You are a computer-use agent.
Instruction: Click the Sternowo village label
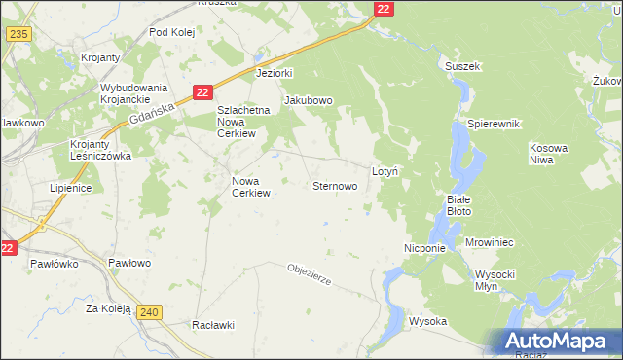coord(340,185)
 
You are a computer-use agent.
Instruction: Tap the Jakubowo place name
coord(308,100)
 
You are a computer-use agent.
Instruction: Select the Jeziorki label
coord(274,73)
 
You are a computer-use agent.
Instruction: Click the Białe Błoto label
coord(458,203)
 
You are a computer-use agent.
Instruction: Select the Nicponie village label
coord(424,248)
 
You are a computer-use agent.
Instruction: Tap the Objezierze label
coord(310,274)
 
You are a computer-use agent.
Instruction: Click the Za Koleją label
coord(108,308)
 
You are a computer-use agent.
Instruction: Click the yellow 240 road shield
coord(149,311)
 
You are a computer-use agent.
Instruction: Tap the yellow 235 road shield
coord(18,33)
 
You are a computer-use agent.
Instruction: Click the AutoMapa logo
coord(558,342)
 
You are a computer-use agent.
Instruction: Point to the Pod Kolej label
coord(172,32)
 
